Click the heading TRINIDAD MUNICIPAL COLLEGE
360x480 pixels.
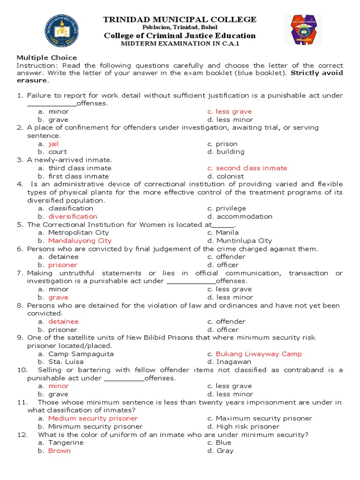click(180, 19)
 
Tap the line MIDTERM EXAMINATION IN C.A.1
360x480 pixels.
click(180, 43)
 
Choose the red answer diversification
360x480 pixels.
click(73, 217)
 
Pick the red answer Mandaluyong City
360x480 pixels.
click(80, 240)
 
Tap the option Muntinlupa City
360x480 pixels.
click(244, 240)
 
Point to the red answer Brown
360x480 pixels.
click(59, 450)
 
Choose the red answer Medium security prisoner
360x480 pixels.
click(93, 418)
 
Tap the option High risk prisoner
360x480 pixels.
click(247, 427)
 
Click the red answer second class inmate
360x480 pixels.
click(251, 168)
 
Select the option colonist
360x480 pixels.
click(230, 176)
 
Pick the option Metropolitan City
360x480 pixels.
click(78, 232)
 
